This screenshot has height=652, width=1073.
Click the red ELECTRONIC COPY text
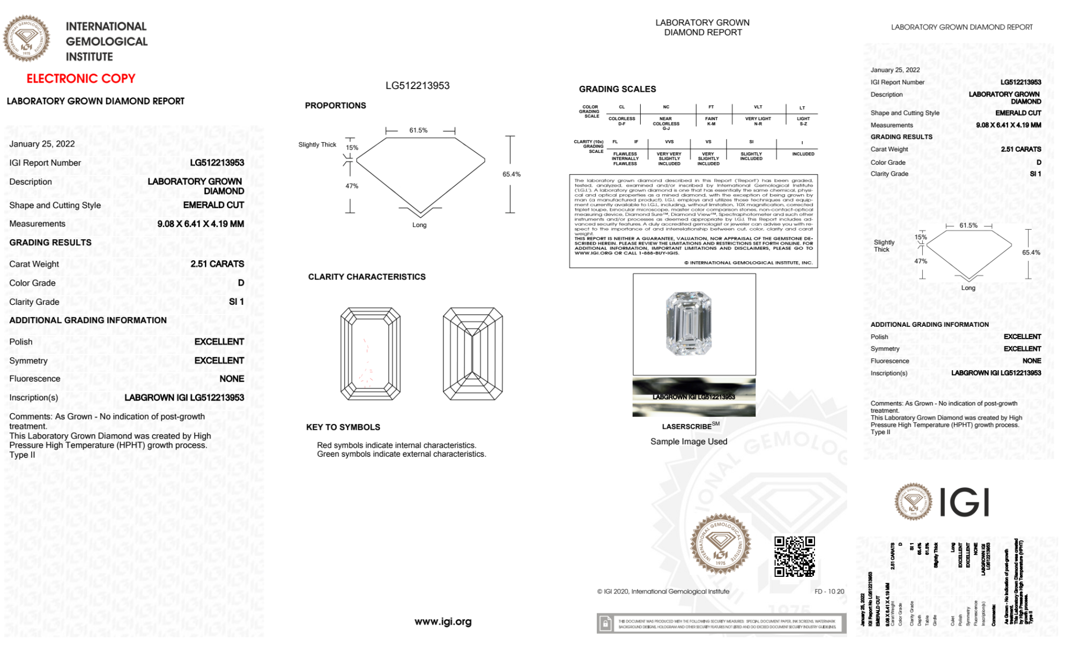click(x=81, y=78)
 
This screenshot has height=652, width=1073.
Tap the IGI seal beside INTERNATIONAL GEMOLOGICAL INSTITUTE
click(x=26, y=39)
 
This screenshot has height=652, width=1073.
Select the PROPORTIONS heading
click(x=335, y=106)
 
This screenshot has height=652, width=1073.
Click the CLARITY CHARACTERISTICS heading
click(x=367, y=277)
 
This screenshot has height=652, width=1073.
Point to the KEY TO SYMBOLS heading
click(x=343, y=427)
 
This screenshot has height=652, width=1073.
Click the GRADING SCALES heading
click(x=617, y=89)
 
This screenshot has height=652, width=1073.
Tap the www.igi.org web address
click(x=443, y=621)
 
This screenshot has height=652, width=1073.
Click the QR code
click(x=794, y=556)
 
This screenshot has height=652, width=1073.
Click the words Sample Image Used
click(x=689, y=442)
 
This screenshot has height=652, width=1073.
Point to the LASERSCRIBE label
click(x=687, y=427)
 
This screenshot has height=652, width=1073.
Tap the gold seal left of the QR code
click(x=720, y=544)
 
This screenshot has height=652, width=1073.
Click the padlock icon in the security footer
click(x=605, y=624)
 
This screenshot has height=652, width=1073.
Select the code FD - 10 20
click(x=829, y=591)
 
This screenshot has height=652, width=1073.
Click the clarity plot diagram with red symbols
click(x=370, y=354)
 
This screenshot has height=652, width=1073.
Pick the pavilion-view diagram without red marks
click(x=472, y=354)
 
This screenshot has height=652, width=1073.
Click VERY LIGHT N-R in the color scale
click(x=758, y=121)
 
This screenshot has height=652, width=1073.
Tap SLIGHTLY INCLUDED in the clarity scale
click(x=751, y=156)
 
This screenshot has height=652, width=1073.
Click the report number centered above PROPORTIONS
click(x=417, y=86)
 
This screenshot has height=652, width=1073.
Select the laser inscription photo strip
click(x=694, y=397)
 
